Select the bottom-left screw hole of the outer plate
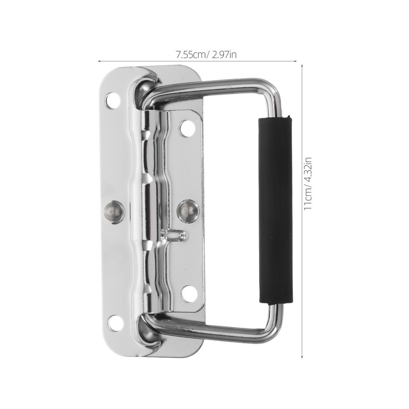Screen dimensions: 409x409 115,323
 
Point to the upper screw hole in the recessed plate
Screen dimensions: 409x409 187,128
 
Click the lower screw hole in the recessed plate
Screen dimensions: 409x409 189,293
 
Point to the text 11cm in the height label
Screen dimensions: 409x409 308,200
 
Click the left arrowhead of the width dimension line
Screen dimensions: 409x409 99,61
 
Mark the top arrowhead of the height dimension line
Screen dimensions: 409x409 301,65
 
